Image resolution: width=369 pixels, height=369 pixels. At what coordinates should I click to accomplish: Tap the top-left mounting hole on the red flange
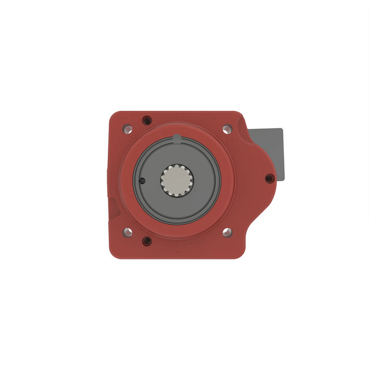click(x=128, y=129)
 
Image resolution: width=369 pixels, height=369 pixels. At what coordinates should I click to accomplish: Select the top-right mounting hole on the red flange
click(x=226, y=129)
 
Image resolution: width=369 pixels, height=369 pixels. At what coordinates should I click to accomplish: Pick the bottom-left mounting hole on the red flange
click(x=128, y=232)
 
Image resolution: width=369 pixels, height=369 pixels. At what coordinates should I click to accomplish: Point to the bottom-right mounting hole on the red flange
click(x=226, y=232)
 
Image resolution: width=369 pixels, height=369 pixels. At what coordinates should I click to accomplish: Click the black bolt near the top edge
click(x=148, y=120)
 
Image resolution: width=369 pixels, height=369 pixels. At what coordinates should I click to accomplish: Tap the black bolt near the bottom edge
click(x=148, y=241)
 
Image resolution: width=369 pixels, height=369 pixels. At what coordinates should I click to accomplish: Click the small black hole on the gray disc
click(x=142, y=181)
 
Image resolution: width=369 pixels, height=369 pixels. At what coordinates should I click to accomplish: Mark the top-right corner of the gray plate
click(x=282, y=129)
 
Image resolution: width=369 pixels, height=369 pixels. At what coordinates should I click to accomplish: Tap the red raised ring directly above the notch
click(x=177, y=129)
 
